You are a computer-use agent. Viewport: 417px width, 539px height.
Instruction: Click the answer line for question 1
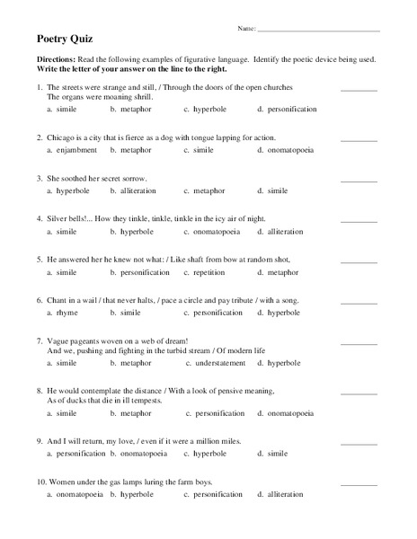click(x=359, y=90)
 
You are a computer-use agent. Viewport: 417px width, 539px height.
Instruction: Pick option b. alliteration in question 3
click(x=132, y=190)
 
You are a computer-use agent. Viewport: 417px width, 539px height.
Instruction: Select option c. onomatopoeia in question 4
click(x=210, y=232)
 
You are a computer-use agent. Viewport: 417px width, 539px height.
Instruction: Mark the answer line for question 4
click(x=359, y=221)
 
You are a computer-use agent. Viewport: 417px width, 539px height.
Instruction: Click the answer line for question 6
click(x=359, y=302)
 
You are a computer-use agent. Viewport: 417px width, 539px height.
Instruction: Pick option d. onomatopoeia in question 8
click(x=285, y=414)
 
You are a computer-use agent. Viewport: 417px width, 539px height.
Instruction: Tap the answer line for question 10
click(x=359, y=484)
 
